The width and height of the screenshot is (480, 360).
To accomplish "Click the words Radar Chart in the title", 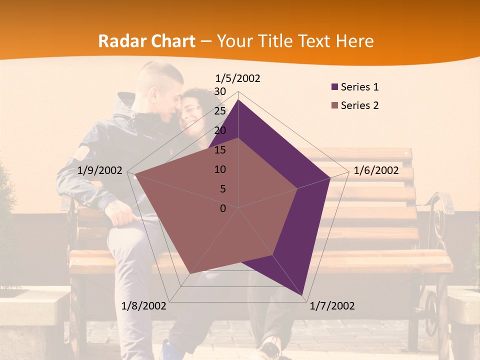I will pos(146,41).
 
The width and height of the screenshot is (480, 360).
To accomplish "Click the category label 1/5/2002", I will pos(238,78).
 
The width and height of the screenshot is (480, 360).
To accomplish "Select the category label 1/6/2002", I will pos(376,171).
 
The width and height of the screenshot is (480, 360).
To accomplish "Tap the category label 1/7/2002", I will pos(332,306).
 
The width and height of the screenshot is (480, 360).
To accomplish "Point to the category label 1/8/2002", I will pos(144,306).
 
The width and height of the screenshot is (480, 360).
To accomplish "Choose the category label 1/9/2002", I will pos(100,171).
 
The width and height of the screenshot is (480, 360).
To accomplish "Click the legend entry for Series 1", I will pos(359,87).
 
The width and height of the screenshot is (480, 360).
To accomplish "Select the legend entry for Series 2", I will pos(359,105).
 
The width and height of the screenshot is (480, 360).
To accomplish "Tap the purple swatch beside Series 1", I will pos(335,87).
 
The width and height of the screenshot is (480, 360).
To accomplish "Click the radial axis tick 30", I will pos(220,91).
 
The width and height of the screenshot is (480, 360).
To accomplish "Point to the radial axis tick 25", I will pos(220,111).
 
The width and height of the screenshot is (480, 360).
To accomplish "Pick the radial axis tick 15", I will pos(220,150).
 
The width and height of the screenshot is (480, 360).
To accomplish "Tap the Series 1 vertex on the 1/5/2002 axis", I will pos(238,100).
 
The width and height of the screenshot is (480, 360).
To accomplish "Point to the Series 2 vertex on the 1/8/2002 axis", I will pos(189,273).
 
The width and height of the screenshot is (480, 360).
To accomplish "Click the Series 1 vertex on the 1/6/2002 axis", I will pos(330,178).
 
